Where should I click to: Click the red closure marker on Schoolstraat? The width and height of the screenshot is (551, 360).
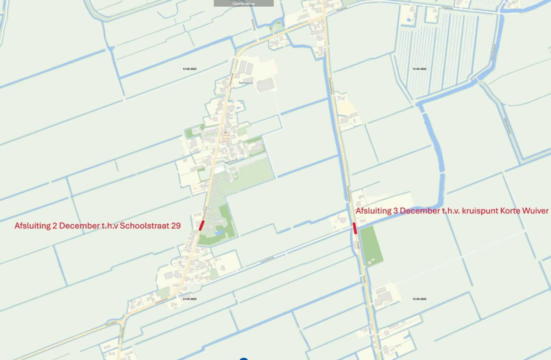[202, 225]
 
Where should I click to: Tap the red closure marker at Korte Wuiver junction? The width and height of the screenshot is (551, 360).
[355, 228]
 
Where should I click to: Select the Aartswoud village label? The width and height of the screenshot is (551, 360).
[246, 83]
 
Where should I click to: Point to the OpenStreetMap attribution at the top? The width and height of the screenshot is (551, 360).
[244, 4]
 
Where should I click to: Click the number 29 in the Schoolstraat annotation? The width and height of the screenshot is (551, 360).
[176, 226]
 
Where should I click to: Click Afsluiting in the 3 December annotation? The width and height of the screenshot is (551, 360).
[373, 211]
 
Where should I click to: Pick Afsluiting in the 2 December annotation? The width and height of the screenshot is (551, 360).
[32, 226]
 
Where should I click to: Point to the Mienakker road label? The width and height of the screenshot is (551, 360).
[111, 323]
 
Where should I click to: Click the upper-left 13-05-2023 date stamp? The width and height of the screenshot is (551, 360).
[189, 69]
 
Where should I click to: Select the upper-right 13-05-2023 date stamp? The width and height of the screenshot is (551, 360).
[419, 69]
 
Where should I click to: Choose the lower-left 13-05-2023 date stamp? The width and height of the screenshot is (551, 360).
[189, 299]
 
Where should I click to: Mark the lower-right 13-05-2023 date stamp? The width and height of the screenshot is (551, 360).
[419, 299]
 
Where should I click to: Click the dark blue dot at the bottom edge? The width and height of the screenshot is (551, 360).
[244, 359]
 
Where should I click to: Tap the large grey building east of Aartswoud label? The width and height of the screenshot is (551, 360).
[266, 85]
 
